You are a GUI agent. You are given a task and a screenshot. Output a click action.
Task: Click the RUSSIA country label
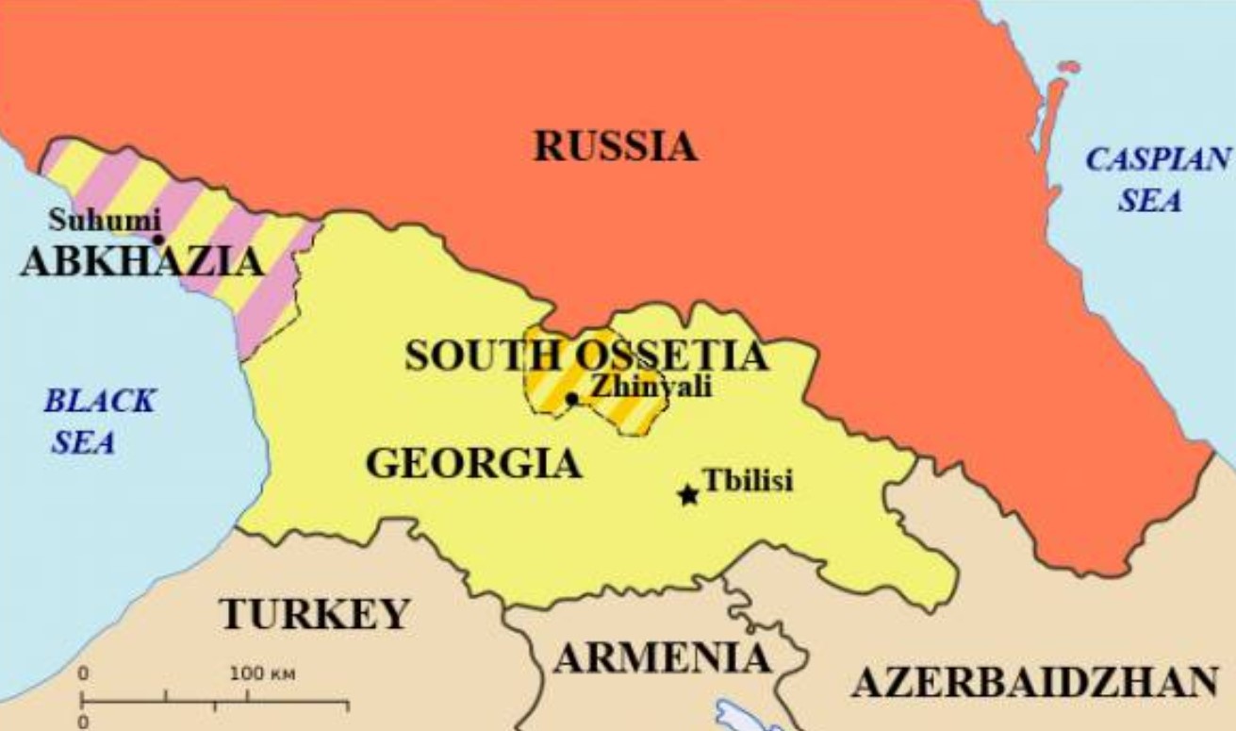pos(616,147)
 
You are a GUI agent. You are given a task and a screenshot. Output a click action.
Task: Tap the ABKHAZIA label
pos(141,260)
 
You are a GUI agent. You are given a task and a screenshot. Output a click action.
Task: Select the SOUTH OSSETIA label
pos(586,357)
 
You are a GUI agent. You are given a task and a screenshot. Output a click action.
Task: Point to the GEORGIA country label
pos(473,464)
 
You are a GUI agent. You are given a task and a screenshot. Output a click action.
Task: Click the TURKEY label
pos(315,614)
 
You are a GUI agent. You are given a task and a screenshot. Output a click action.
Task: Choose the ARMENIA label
pos(662,657)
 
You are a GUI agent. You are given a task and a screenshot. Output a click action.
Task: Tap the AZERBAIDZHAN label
pos(1035,682)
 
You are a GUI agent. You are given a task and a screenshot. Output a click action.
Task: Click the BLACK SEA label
pos(99,421)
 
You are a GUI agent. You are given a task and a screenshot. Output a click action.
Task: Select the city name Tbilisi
pos(749,480)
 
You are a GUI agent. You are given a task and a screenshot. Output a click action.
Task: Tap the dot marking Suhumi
pos(158,240)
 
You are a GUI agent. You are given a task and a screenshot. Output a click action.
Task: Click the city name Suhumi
pos(105,221)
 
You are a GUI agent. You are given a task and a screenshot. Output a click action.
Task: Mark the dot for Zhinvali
pos(571,398)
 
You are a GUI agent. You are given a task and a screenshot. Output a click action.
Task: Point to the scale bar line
pos(215,702)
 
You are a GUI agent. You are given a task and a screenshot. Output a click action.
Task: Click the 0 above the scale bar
pos(83,675)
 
